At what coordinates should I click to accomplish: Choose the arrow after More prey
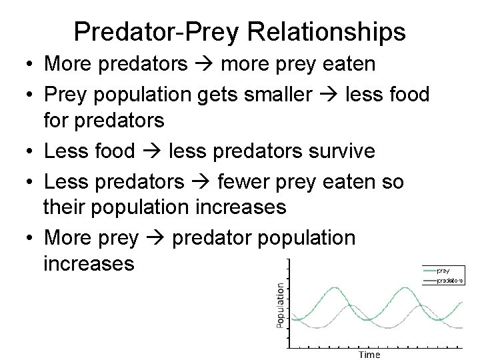[155, 237]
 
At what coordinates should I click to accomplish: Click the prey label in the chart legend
[443, 270]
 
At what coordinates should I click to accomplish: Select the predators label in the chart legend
[450, 281]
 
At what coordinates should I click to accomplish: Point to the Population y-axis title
[281, 304]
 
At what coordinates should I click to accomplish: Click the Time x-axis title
[369, 354]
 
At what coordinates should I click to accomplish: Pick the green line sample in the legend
[430, 270]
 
